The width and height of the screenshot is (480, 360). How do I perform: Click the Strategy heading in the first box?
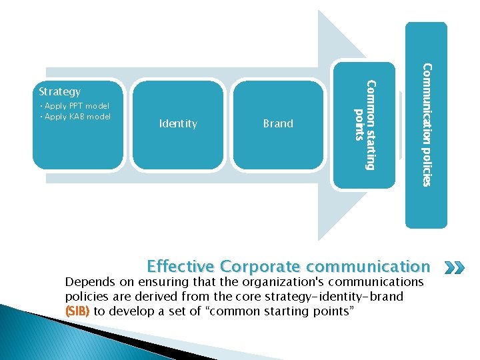coord(60,91)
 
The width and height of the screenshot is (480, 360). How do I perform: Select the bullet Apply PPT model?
coord(75,106)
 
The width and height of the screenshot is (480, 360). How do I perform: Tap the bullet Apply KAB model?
coord(75,117)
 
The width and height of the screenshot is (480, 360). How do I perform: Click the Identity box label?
coord(179,123)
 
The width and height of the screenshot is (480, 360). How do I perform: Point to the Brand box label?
coord(278,123)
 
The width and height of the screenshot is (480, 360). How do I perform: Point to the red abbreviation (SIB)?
coord(77,311)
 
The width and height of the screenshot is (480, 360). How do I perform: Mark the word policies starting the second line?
coord(87,296)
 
